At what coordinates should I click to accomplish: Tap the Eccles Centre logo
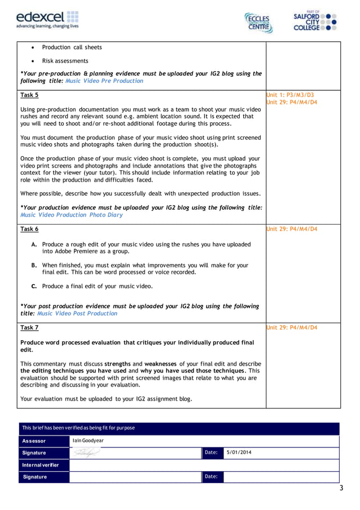click(x=258, y=23)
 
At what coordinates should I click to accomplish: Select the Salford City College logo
click(x=315, y=21)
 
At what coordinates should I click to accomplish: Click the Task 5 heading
click(x=29, y=95)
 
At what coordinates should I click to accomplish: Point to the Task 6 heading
click(x=29, y=229)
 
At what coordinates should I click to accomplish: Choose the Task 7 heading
click(x=29, y=327)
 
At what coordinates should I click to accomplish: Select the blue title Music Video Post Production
click(x=77, y=313)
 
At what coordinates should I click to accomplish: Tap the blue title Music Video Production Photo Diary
click(x=71, y=215)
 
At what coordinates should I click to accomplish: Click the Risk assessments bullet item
click(x=65, y=61)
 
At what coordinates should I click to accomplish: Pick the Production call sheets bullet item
click(x=72, y=47)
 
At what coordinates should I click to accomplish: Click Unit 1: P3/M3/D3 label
click(x=290, y=95)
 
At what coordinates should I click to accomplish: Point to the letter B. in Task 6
click(x=34, y=265)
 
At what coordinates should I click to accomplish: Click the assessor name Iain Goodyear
click(x=89, y=441)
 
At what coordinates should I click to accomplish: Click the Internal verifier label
click(x=41, y=465)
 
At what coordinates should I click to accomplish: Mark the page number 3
click(x=341, y=488)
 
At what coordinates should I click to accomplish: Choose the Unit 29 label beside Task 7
click(x=291, y=327)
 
